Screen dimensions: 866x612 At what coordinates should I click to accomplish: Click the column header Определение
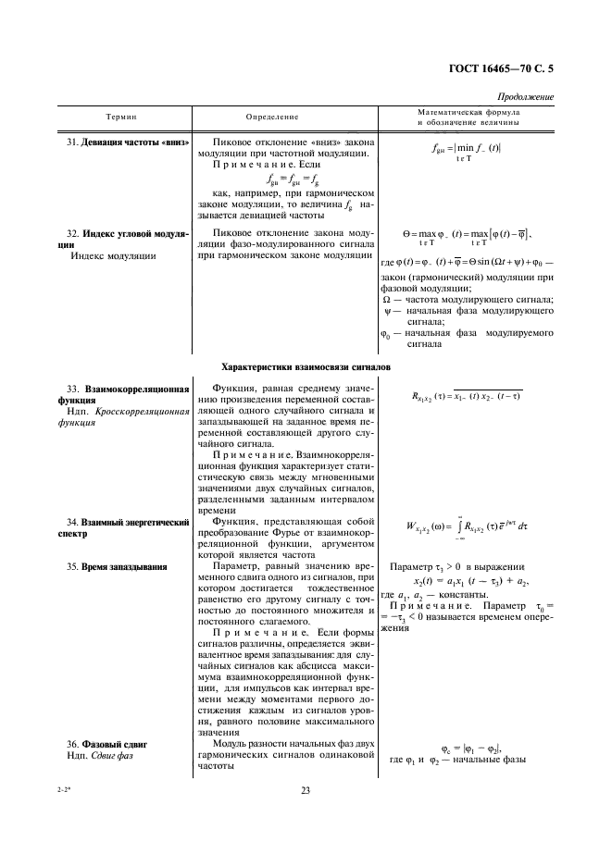coord(272,117)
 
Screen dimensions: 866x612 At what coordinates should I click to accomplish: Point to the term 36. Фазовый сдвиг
coord(107,743)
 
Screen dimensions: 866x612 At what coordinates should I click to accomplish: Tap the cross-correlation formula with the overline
coord(466,398)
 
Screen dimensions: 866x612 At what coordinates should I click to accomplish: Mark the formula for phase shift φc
coord(467,748)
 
